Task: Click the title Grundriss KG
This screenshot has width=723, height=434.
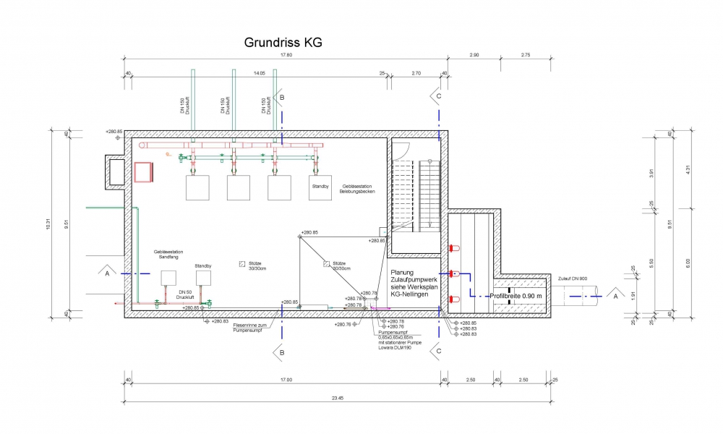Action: (x=283, y=43)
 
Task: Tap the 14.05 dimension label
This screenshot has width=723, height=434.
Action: (x=258, y=73)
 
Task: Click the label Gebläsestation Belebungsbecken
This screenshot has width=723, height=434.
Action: (x=357, y=190)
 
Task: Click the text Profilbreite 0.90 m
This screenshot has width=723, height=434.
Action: (x=516, y=296)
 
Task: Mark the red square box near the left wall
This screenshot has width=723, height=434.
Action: (x=143, y=172)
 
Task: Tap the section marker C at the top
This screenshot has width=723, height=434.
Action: (x=437, y=95)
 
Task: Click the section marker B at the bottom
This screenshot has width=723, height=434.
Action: (x=280, y=352)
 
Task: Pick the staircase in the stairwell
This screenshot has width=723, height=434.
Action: (x=416, y=196)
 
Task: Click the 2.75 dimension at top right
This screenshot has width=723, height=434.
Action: (x=526, y=55)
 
